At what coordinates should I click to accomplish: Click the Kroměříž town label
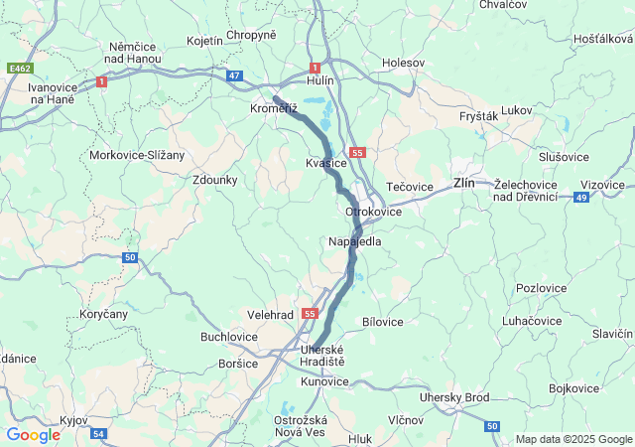click(x=273, y=108)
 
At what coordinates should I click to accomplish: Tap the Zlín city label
click(x=463, y=184)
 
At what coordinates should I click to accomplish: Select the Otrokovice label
click(x=373, y=213)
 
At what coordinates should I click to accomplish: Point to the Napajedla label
click(x=354, y=241)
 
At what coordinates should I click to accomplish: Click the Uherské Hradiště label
click(x=321, y=356)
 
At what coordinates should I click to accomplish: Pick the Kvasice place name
click(x=326, y=163)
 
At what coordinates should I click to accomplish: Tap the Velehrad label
click(x=270, y=314)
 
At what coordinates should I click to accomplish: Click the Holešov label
click(x=403, y=63)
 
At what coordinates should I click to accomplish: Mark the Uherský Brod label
click(x=454, y=397)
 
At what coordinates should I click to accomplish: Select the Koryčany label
click(x=103, y=314)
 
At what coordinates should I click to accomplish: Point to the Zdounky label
click(x=215, y=180)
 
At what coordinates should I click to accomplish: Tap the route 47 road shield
click(x=234, y=75)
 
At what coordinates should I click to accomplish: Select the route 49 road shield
click(x=581, y=198)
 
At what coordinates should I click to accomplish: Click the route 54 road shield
click(x=97, y=434)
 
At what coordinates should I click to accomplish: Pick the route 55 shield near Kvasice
click(x=358, y=153)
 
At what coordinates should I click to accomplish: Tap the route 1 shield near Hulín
click(x=315, y=68)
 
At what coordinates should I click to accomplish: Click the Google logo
click(x=34, y=435)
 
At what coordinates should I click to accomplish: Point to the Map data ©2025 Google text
click(x=573, y=439)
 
